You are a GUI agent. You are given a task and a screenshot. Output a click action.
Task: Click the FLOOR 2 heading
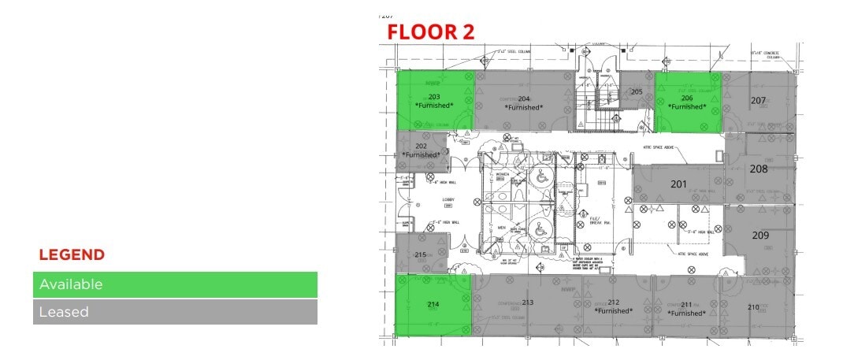coord(429,32)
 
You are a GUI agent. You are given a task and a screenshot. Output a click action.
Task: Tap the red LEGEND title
coord(72,255)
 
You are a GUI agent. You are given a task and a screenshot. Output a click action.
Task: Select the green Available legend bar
coord(175,284)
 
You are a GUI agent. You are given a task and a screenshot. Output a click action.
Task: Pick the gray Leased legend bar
coord(175,312)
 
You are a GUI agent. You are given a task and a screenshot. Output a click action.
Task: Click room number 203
coord(434,97)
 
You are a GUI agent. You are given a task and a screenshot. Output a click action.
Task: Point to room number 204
coord(524,98)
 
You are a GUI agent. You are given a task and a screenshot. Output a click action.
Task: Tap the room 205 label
coord(637,92)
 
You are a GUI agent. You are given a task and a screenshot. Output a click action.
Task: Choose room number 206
coord(687,98)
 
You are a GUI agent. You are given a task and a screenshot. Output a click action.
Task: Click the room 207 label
coord(758,101)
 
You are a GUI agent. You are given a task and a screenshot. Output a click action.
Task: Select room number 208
coord(759,169)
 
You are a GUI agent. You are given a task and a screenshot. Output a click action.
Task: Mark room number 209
coord(760,236)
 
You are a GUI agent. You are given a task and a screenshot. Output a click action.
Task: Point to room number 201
coord(678,184)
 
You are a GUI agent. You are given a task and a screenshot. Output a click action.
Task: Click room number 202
coord(421,146)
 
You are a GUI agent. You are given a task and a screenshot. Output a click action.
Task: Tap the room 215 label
coord(421,254)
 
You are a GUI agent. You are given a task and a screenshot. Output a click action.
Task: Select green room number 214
coord(433,304)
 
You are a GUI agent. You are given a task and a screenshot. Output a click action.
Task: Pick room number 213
coord(527,302)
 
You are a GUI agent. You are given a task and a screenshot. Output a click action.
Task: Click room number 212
coord(614,302)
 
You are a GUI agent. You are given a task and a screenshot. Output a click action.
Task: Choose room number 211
coord(686,304)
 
